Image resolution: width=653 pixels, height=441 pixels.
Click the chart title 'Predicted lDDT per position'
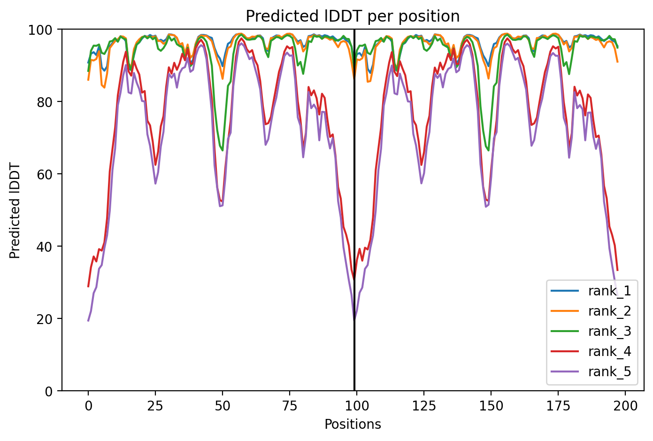[x=353, y=16]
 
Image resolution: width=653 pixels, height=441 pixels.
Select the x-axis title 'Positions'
[x=353, y=424]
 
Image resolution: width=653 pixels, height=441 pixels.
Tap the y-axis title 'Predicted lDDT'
[x=15, y=210]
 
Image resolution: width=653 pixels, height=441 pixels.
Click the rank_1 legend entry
[x=609, y=291]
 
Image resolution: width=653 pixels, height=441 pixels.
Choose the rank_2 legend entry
[x=609, y=311]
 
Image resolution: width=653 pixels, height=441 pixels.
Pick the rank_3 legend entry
[x=609, y=332]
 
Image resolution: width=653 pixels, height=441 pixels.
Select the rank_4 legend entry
[x=609, y=352]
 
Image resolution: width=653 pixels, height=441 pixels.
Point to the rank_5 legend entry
[x=609, y=372]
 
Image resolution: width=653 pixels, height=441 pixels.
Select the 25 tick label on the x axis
[x=155, y=406]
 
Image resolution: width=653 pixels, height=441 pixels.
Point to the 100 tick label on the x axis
[x=357, y=406]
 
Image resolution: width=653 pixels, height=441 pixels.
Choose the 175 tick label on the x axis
[x=558, y=406]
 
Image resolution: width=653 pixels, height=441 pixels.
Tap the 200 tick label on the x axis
[x=625, y=406]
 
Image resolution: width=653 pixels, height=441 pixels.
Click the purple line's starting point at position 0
[x=88, y=321]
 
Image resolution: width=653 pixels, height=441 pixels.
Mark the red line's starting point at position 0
[x=88, y=286]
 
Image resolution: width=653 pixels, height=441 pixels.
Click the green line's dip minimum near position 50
[x=223, y=150]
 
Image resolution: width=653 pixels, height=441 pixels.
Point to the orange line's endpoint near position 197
[x=618, y=62]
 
